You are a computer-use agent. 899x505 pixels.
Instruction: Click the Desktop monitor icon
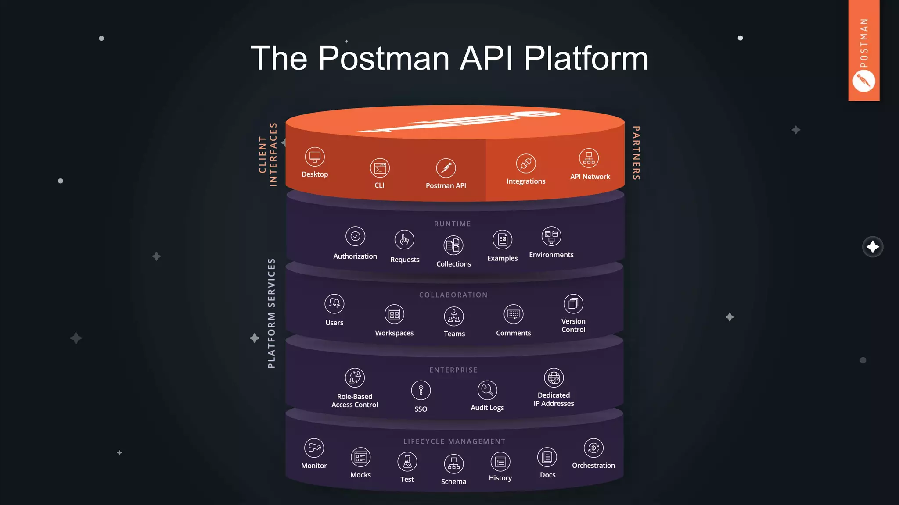[x=315, y=157]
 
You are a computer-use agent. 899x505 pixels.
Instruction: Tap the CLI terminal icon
[x=380, y=168]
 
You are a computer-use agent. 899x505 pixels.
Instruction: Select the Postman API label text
[x=446, y=185]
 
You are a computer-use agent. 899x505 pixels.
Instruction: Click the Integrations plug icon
[x=526, y=164]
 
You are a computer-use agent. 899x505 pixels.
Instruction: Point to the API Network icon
[x=589, y=158]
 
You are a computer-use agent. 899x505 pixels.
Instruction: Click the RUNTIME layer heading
[x=453, y=224]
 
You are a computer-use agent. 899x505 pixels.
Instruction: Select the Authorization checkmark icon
[x=355, y=236]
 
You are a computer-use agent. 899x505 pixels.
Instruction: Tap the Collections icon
[x=453, y=245]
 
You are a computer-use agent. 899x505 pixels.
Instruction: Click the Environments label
[x=551, y=255]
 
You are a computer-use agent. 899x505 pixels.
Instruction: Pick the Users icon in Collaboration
[x=334, y=303]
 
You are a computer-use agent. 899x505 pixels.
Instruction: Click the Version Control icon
[x=573, y=304]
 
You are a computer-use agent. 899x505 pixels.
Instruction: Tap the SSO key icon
[x=421, y=390]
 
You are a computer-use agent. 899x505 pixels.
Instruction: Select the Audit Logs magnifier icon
[x=487, y=390]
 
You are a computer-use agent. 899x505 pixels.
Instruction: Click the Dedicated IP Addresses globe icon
[x=554, y=377]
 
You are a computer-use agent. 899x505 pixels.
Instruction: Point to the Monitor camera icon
[x=314, y=448]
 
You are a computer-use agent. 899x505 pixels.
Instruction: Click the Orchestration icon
[x=593, y=448]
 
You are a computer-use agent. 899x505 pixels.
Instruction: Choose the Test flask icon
[x=407, y=462]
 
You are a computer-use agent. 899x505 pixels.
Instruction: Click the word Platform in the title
[x=586, y=58]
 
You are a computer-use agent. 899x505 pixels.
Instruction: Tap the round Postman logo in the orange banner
[x=863, y=82]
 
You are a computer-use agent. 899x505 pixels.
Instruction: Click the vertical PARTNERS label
[x=636, y=153]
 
